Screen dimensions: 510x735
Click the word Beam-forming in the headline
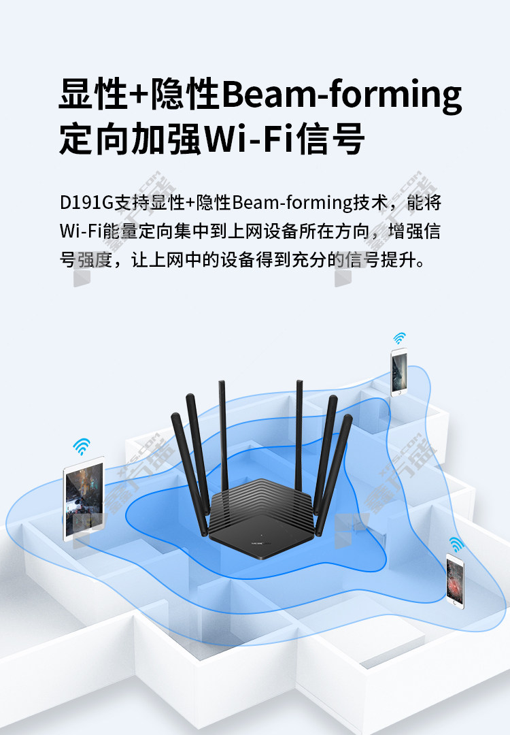click(341, 95)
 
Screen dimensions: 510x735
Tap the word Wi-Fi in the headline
click(250, 139)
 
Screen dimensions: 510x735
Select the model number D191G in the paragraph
click(86, 203)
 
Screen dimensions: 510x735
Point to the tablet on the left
click(84, 500)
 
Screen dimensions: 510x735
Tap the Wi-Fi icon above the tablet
click(82, 446)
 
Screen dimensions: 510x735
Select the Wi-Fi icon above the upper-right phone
click(399, 338)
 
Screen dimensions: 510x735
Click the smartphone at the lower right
click(455, 581)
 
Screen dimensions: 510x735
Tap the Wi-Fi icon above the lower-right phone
click(456, 544)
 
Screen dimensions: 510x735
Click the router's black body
click(260, 518)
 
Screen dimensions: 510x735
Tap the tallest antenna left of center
click(223, 436)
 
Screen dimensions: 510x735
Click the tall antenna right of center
click(299, 436)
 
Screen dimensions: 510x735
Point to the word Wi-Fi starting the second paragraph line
click(80, 231)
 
